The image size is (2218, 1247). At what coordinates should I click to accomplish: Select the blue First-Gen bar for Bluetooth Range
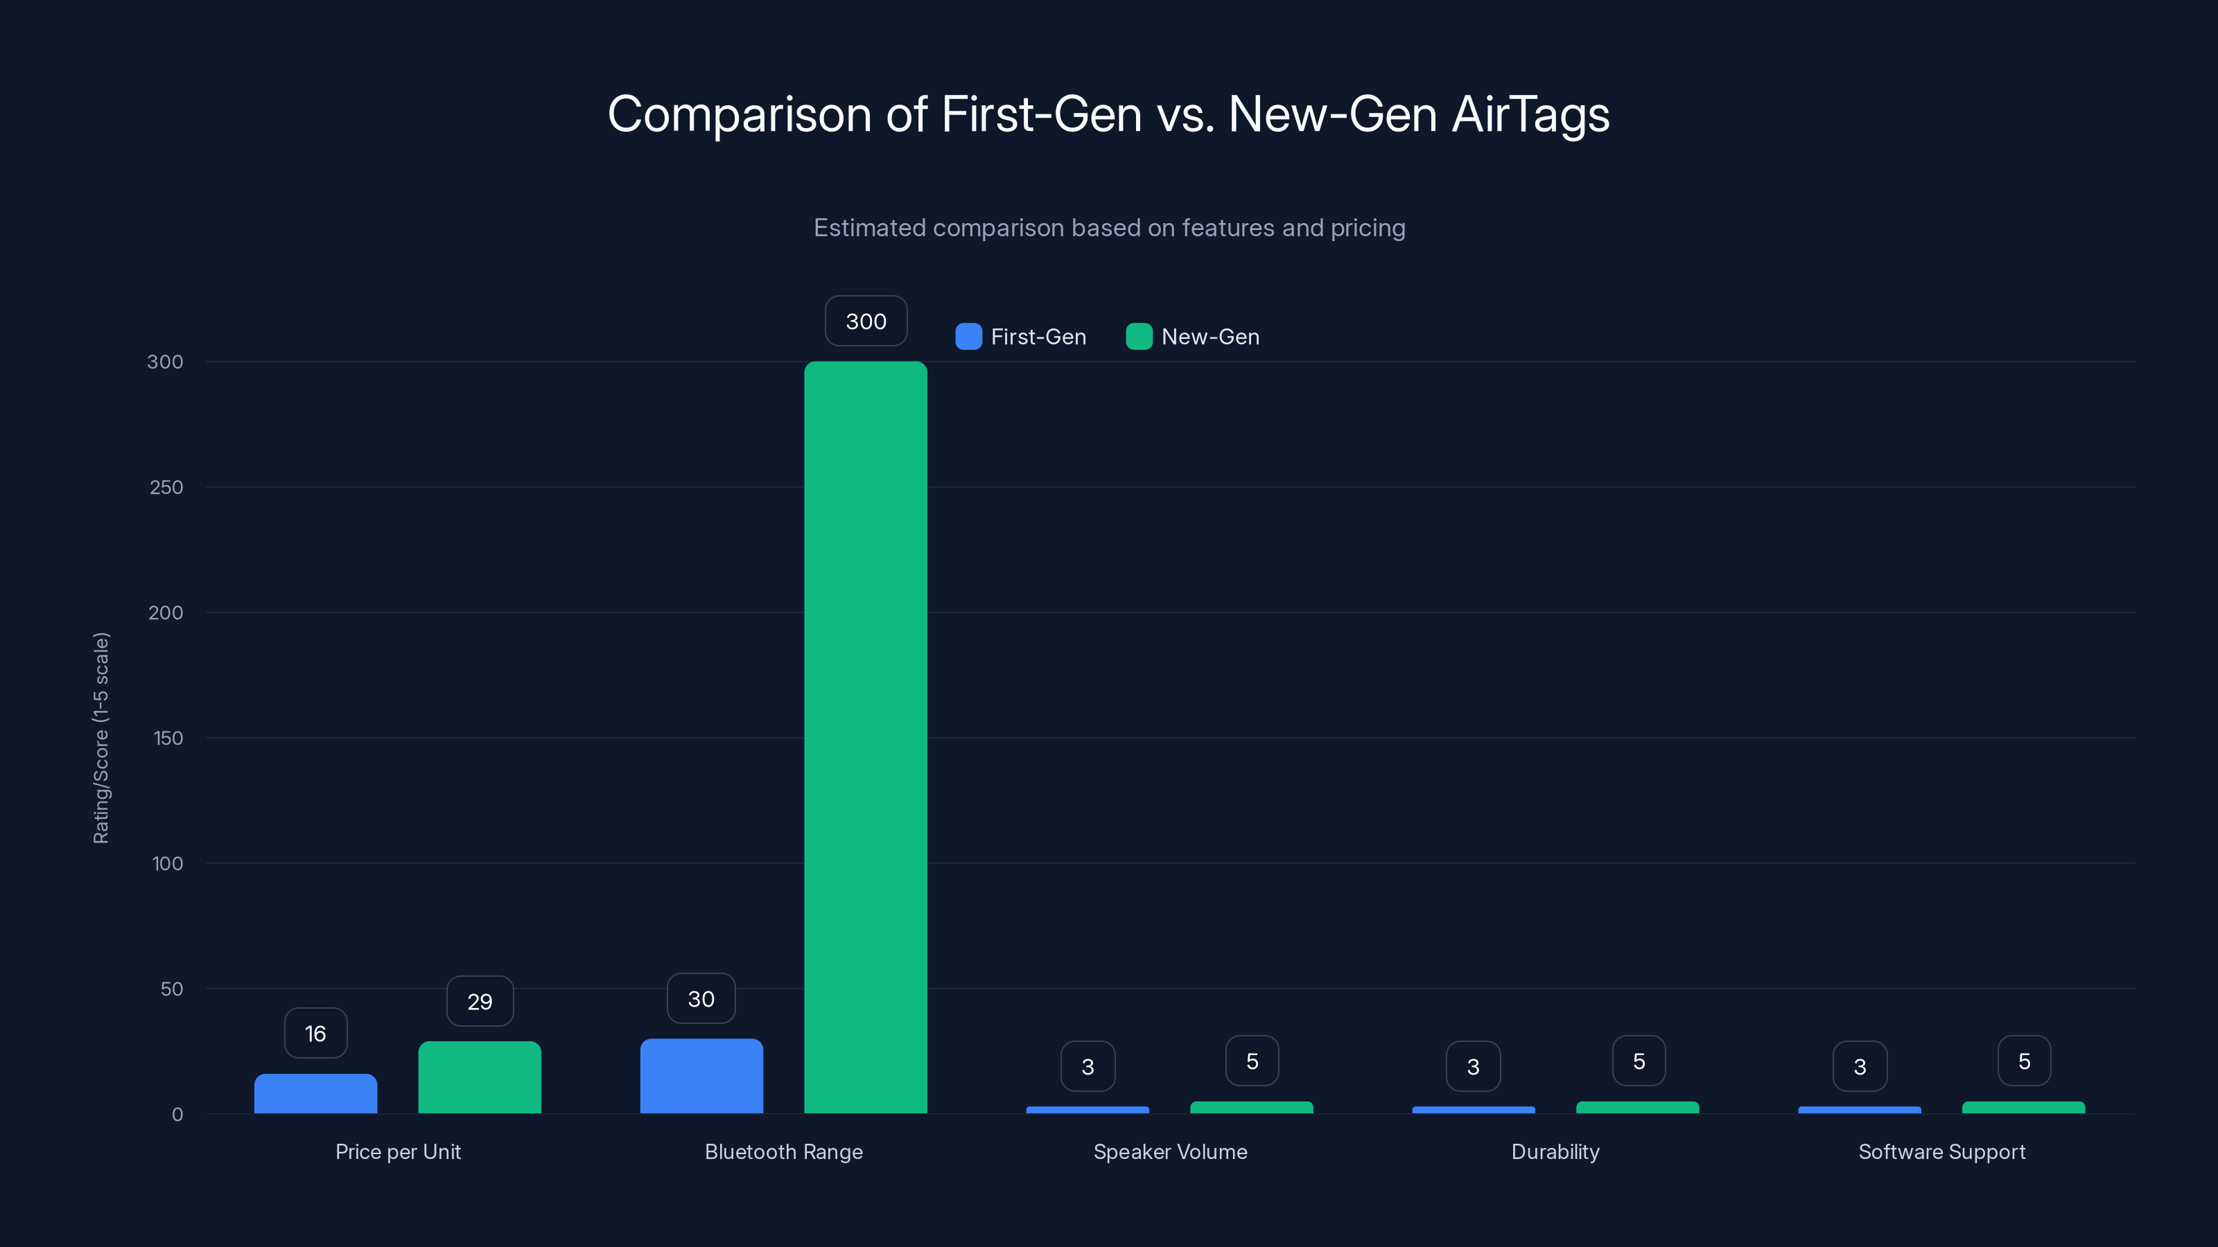pos(701,1076)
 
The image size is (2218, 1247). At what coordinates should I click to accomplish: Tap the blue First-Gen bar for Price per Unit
pos(315,1093)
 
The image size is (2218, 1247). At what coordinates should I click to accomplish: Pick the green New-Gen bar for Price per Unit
pos(480,1077)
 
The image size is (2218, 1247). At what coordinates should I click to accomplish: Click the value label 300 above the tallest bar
pos(865,321)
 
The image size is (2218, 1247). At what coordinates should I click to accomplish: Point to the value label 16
pos(315,1033)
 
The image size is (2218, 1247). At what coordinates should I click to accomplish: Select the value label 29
pos(480,1001)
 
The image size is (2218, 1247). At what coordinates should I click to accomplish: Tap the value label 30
pos(701,998)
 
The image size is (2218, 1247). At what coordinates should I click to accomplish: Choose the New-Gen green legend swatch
pos(1138,337)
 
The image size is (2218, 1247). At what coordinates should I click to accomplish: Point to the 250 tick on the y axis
pos(166,487)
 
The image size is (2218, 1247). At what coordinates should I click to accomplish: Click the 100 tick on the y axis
pos(167,863)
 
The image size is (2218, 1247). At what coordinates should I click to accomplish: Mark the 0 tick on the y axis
pos(177,1115)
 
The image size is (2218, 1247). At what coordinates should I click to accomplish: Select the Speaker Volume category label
pos(1169,1151)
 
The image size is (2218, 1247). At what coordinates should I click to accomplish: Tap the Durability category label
pos(1555,1151)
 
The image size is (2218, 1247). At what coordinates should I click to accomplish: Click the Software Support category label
pos(1941,1151)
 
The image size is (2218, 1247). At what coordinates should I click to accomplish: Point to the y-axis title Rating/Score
pos(101,738)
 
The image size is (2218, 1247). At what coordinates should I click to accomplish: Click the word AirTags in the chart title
pos(1530,114)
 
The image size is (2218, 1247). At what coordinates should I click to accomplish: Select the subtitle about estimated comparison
pos(1109,228)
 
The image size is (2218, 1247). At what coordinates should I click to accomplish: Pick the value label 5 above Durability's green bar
pos(1639,1061)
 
